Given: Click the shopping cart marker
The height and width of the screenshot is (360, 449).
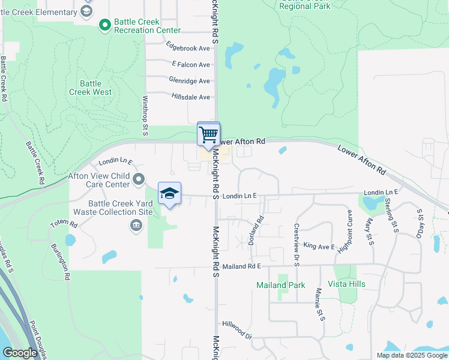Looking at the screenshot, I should pyautogui.click(x=208, y=134).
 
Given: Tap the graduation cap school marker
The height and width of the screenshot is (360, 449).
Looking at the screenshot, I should pyautogui.click(x=170, y=194).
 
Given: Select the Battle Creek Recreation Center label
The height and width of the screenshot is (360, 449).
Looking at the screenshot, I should pyautogui.click(x=147, y=26).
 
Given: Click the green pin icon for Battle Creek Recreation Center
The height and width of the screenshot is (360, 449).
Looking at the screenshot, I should pyautogui.click(x=104, y=25).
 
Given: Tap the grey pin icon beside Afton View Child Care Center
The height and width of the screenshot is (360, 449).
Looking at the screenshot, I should pyautogui.click(x=139, y=179).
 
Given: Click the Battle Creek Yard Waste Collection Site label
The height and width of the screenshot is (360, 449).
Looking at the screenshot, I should pyautogui.click(x=113, y=208).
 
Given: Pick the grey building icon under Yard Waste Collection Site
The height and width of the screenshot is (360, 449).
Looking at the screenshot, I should pyautogui.click(x=136, y=226).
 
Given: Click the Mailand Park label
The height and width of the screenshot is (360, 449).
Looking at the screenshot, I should pyautogui.click(x=280, y=286).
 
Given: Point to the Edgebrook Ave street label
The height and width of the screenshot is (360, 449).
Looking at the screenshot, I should pyautogui.click(x=188, y=48).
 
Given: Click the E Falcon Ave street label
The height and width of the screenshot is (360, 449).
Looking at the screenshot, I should pyautogui.click(x=190, y=64).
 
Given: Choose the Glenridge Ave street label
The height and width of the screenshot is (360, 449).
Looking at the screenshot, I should pyautogui.click(x=189, y=80).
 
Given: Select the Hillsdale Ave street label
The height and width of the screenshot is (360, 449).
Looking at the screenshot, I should pyautogui.click(x=190, y=97).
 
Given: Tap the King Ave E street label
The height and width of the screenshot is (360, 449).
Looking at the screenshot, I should pyautogui.click(x=319, y=246).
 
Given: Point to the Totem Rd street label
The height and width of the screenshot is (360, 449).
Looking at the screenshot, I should pyautogui.click(x=64, y=224).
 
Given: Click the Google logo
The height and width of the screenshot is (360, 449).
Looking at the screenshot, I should pyautogui.click(x=20, y=353).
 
